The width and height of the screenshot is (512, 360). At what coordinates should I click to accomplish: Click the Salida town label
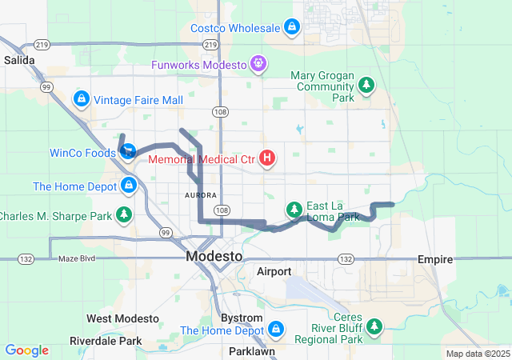pyautogui.click(x=19, y=60)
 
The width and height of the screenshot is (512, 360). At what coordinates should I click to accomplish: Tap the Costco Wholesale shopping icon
pyautogui.click(x=293, y=28)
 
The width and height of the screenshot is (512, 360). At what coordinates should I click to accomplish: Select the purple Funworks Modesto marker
pyautogui.click(x=258, y=62)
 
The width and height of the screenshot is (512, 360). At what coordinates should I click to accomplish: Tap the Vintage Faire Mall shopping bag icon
pyautogui.click(x=81, y=99)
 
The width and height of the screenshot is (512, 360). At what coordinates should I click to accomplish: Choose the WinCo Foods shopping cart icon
pyautogui.click(x=128, y=151)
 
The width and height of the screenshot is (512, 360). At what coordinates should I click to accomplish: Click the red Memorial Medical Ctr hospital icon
pyautogui.click(x=267, y=159)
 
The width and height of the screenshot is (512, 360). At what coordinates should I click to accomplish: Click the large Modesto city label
pyautogui.click(x=214, y=257)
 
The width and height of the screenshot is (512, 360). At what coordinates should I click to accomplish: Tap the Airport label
pyautogui.click(x=274, y=272)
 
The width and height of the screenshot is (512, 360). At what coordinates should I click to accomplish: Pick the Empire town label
pyautogui.click(x=435, y=260)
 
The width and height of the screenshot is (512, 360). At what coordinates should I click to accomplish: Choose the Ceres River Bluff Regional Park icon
pyautogui.click(x=373, y=326)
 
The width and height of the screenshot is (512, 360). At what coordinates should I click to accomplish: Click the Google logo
pyautogui.click(x=27, y=350)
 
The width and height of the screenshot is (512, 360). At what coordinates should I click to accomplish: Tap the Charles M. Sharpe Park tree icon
pyautogui.click(x=124, y=215)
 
